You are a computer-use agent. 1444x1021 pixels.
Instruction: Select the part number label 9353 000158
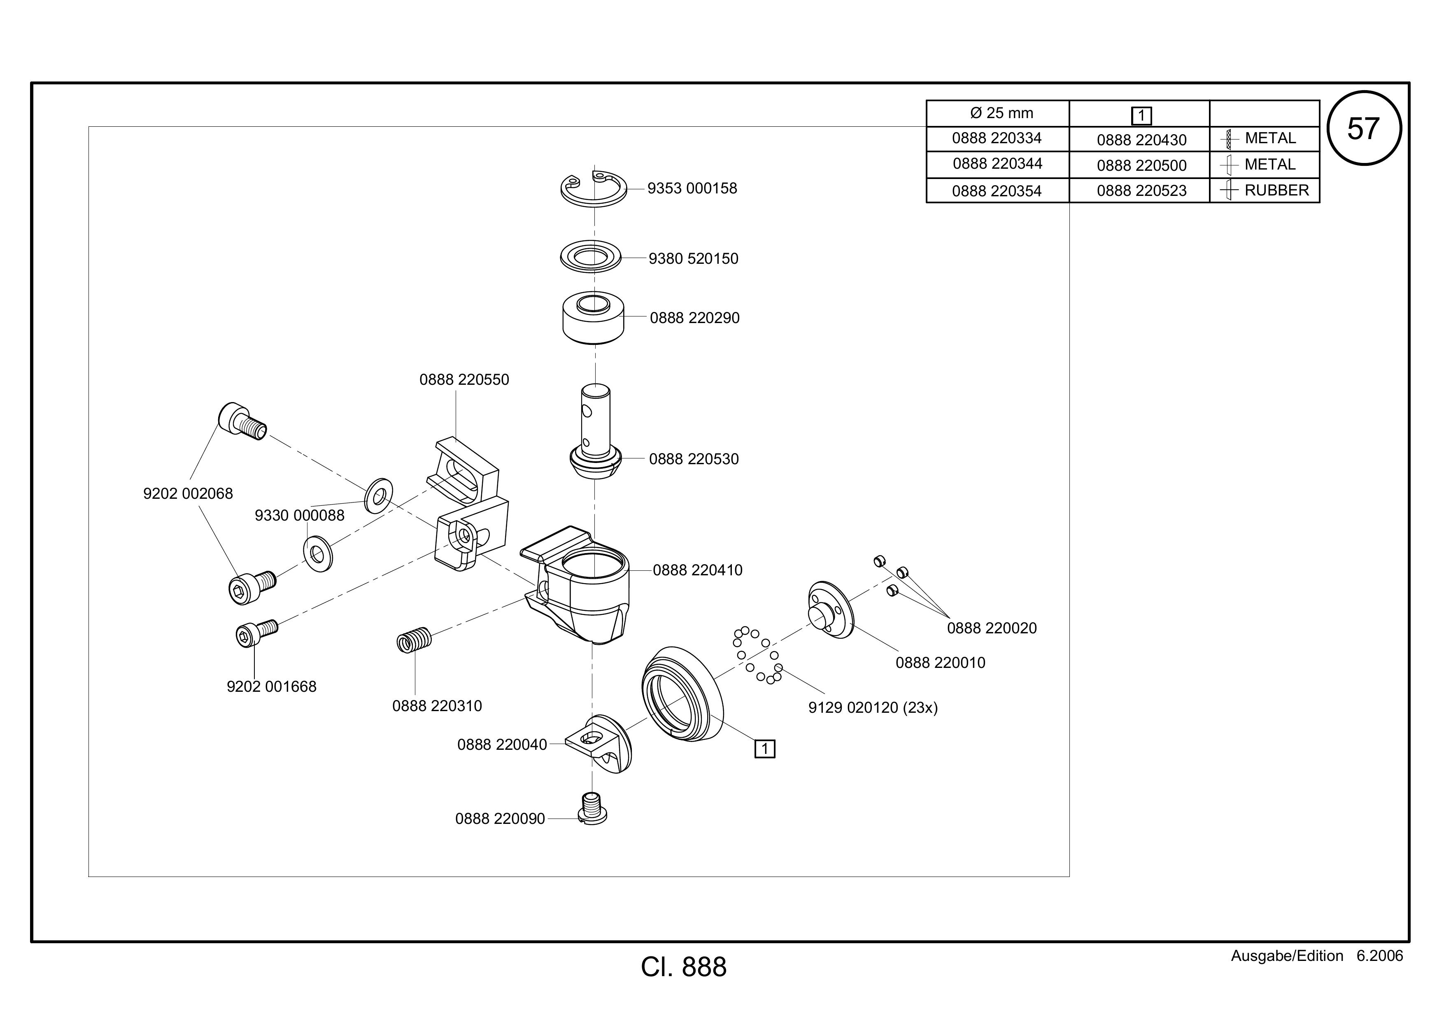pos(692,188)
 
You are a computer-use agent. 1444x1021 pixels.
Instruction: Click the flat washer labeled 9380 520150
pos(591,256)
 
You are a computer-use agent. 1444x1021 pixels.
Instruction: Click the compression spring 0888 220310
pos(414,640)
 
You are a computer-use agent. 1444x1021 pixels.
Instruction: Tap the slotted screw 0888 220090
pos(592,809)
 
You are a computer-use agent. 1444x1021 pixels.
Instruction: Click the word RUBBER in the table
pos(1277,191)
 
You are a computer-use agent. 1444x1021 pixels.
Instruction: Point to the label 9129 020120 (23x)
pos(873,708)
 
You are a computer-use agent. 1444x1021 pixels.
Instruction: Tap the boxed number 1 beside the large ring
pos(765,749)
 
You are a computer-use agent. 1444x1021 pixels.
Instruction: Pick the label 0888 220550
pos(464,380)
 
